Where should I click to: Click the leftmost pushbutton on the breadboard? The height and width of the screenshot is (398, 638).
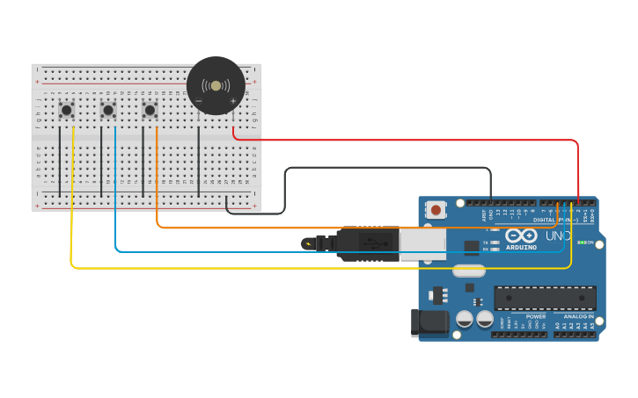[x=66, y=110]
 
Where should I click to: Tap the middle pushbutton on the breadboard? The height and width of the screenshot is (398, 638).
[x=108, y=110]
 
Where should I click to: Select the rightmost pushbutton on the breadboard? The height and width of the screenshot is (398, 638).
[x=150, y=110]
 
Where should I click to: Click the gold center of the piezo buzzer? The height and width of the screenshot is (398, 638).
[x=216, y=85]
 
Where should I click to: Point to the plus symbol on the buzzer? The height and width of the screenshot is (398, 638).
[x=233, y=101]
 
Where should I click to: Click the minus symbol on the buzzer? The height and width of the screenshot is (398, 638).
[x=199, y=101]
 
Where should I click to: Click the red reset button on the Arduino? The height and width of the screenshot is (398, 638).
[x=436, y=210]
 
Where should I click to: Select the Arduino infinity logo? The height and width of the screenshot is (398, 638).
[x=521, y=235]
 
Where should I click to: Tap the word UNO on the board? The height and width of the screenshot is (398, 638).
[x=559, y=235]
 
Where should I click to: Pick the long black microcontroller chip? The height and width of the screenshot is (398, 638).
[x=545, y=298]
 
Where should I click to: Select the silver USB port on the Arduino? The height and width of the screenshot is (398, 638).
[x=423, y=244]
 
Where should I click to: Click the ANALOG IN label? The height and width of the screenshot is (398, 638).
[x=578, y=316]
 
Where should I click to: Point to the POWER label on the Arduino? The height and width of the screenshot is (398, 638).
[x=536, y=316]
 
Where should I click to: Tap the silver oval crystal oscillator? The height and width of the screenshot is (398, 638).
[x=469, y=271]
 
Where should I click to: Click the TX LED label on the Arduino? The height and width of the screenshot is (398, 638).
[x=486, y=242]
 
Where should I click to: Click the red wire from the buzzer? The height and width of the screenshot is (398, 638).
[x=405, y=140]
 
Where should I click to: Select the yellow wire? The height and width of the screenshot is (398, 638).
[x=264, y=267]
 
